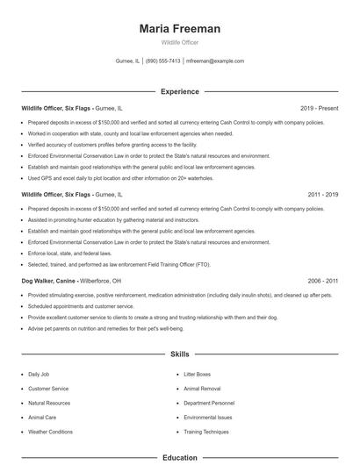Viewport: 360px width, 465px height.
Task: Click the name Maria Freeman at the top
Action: click(179, 29)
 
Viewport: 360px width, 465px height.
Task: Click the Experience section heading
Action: click(179, 91)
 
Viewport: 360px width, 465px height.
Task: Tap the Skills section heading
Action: click(179, 354)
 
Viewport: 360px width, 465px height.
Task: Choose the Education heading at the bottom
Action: click(179, 457)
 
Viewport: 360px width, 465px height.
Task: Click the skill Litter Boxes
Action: click(197, 375)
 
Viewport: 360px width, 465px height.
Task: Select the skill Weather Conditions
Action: click(50, 432)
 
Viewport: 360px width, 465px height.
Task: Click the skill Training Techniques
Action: click(206, 432)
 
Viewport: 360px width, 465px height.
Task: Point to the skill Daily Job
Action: click(40, 375)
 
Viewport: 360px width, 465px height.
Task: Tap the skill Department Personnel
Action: click(209, 403)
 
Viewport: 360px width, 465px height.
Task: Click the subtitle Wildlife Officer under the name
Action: click(179, 42)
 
